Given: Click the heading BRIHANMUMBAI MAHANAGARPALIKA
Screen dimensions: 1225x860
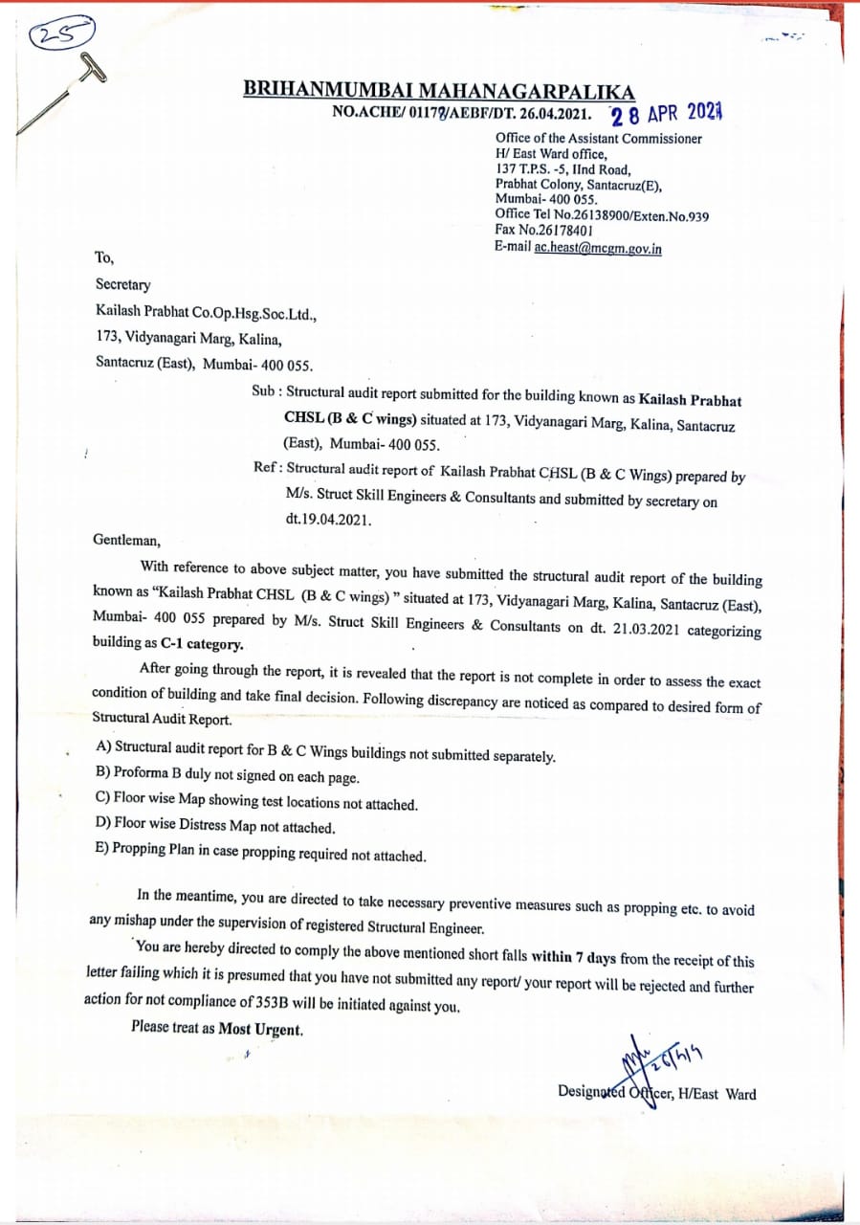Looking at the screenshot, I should [x=438, y=92].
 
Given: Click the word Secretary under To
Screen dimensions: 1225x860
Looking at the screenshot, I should [x=122, y=284].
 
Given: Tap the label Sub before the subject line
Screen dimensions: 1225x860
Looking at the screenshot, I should [x=264, y=391].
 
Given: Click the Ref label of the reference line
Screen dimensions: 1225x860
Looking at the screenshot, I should [x=265, y=468].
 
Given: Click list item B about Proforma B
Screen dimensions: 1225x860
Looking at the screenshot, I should [x=228, y=773].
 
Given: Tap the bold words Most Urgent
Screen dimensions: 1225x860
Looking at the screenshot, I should [x=260, y=1030].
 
